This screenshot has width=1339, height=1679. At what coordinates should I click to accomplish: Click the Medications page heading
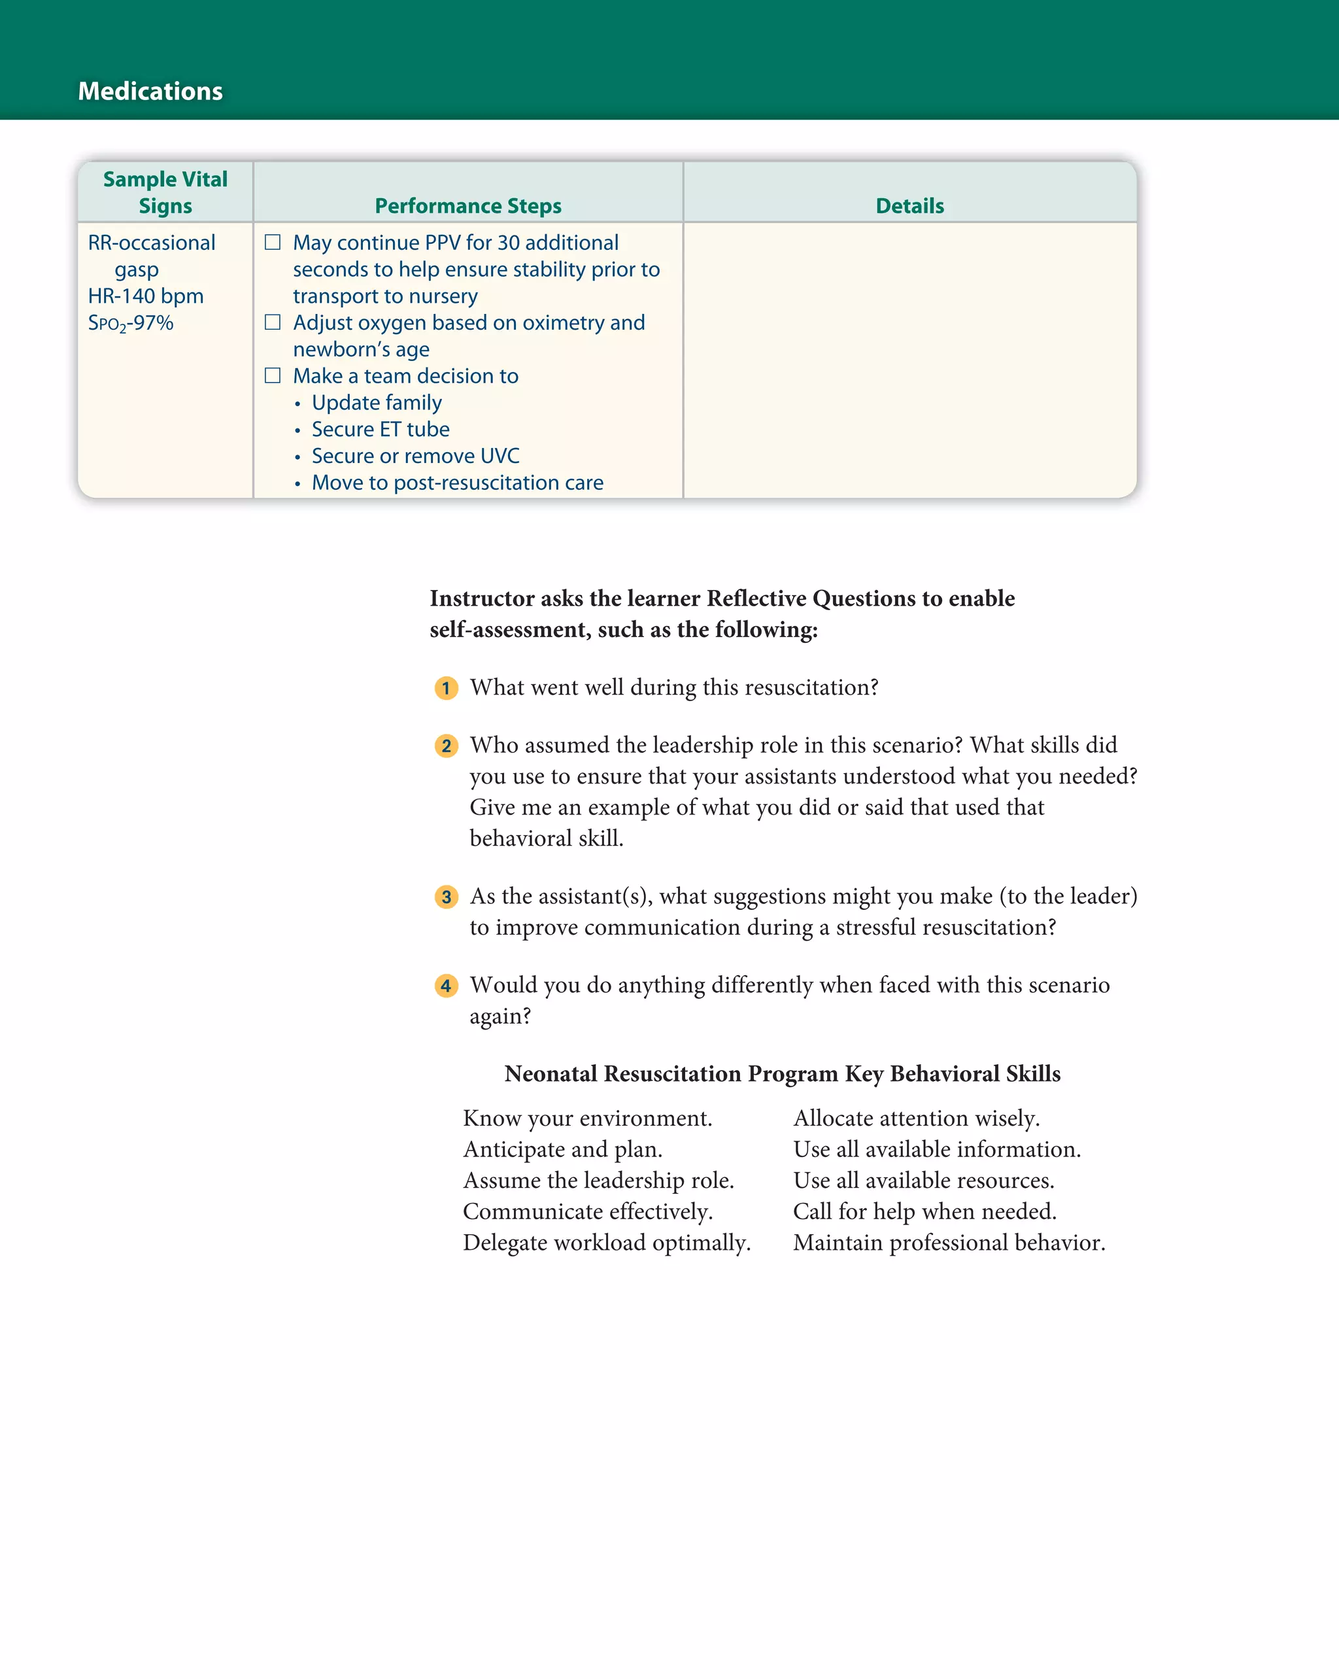150,91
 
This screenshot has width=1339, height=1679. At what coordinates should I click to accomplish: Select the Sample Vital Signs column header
165,192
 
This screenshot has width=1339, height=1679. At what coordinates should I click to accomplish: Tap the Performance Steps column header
468,205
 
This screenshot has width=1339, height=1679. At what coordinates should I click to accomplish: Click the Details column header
909,205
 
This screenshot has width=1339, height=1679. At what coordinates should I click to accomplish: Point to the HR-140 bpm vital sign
146,296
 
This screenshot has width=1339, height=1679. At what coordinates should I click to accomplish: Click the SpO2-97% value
130,323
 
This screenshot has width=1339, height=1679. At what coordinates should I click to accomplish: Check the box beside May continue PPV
273,242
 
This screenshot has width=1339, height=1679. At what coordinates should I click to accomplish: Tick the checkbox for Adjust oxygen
273,322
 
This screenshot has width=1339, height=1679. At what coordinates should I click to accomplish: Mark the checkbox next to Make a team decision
273,375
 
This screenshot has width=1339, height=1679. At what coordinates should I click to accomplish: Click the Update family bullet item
377,403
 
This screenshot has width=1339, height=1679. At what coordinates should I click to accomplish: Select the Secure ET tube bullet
381,429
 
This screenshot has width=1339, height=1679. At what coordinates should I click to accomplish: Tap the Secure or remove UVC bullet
416,456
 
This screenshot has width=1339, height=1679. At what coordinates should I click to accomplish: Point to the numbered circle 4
446,986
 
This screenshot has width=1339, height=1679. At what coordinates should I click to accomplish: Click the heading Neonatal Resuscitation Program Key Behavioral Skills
783,1074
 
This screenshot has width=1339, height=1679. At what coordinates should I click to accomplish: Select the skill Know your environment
588,1118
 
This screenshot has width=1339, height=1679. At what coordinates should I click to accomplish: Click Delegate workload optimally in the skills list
607,1243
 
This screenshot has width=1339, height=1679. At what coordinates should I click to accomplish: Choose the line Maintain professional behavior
949,1243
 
